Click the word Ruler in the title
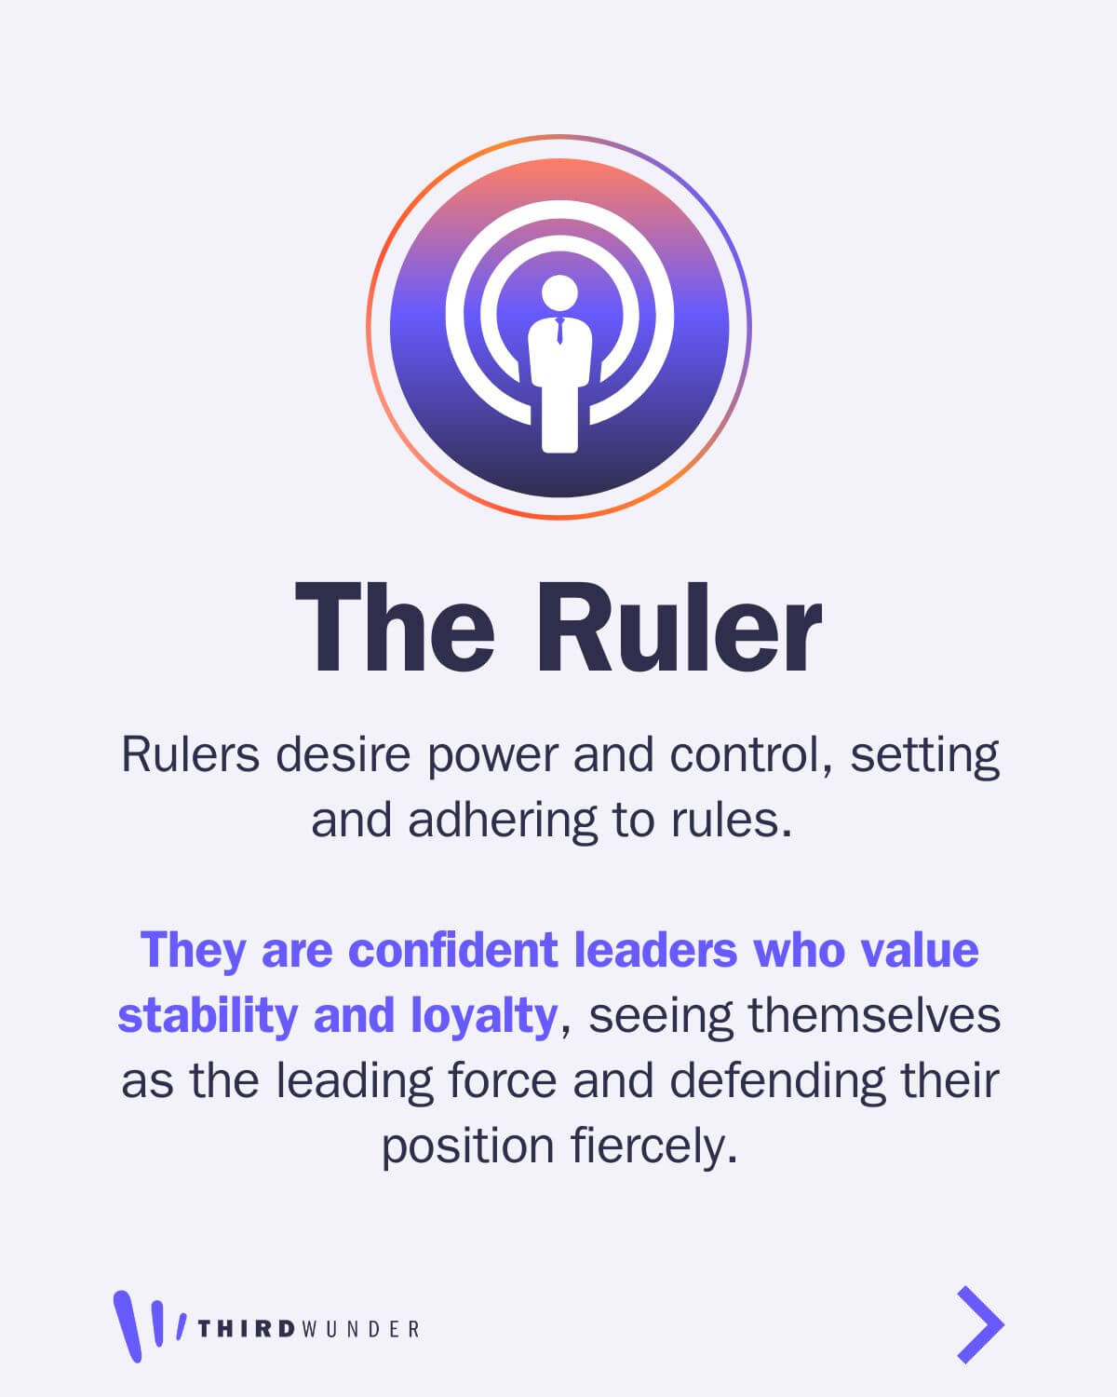coord(679,627)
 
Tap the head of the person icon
coord(558,292)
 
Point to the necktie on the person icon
coord(559,331)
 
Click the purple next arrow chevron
coord(980,1324)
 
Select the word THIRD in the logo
coord(247,1329)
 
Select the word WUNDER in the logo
coord(360,1329)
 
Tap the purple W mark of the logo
coord(149,1324)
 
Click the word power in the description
coord(492,756)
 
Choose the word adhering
coord(502,821)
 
